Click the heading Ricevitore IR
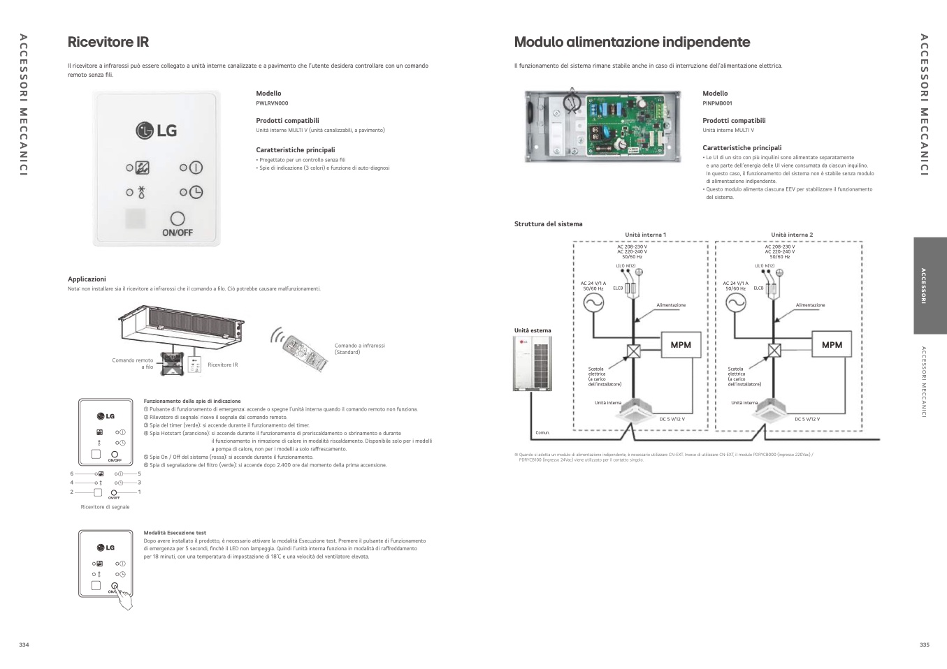108,42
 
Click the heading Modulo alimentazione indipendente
632,42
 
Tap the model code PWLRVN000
272,103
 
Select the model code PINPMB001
717,103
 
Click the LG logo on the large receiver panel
157,131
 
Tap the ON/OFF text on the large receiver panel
177,233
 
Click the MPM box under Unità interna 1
681,345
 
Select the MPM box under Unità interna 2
832,345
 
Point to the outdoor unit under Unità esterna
533,363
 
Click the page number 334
24,645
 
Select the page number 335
924,645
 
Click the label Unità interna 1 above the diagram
645,235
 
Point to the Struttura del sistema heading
548,224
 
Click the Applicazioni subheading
87,279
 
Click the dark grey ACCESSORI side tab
930,286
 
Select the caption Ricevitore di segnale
105,507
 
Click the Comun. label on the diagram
542,433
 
